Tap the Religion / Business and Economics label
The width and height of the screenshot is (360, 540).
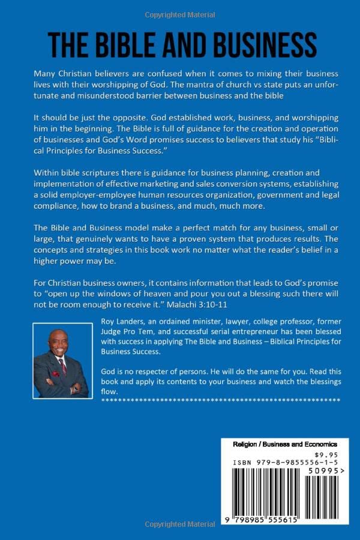click(x=284, y=444)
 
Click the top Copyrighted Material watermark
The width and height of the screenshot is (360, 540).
click(x=179, y=13)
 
